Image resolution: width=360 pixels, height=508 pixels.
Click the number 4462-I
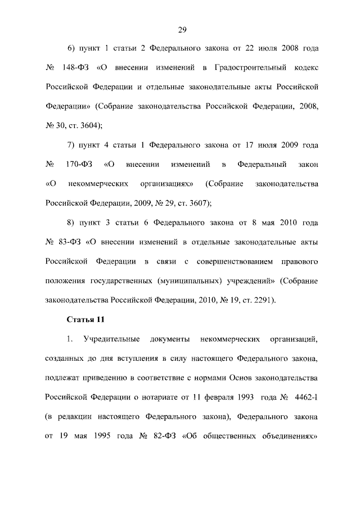pos(306,397)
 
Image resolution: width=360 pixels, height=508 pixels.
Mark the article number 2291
pos(262,300)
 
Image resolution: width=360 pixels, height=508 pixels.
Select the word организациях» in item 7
pos(169,184)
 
